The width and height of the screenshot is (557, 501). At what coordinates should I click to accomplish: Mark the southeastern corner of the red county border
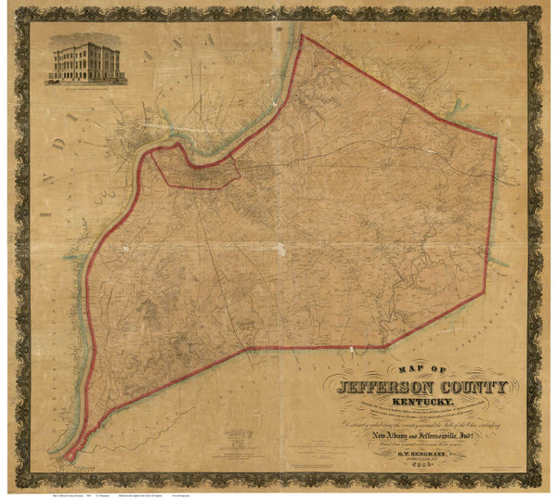tap(484, 293)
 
